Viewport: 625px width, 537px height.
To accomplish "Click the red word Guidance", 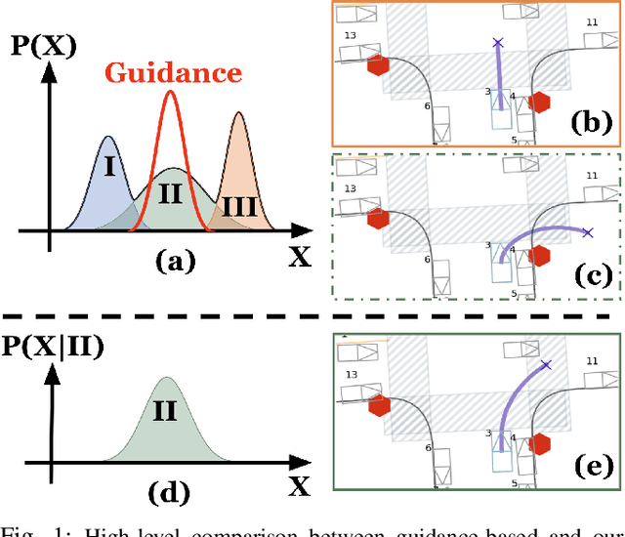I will pos(173,72).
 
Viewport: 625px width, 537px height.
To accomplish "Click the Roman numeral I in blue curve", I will pos(109,167).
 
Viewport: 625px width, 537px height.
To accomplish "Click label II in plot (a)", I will pos(171,193).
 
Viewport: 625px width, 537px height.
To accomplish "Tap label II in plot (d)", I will pos(165,411).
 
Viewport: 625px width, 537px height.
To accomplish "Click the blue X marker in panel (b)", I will pos(498,43).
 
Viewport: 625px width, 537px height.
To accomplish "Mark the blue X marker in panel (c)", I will pos(587,232).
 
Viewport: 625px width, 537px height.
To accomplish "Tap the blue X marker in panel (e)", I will pos(547,365).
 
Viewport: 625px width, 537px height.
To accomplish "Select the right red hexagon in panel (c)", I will pos(539,255).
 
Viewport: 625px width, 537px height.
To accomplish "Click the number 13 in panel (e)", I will pos(350,372).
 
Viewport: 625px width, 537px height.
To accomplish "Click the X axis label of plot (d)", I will pos(300,484).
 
